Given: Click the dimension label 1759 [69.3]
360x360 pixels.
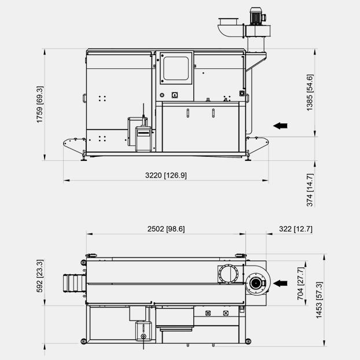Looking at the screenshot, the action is coord(40,104).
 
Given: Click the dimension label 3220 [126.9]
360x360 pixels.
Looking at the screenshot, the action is coord(166,175).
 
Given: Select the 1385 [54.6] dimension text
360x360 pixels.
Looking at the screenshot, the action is coord(310,93).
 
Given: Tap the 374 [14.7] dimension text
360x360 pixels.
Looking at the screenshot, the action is coord(310,190).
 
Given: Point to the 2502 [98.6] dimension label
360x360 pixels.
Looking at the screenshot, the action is coord(166,229).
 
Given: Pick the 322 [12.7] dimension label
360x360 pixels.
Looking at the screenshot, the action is coord(296,229).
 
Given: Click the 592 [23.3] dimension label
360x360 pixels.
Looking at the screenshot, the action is coord(40,275).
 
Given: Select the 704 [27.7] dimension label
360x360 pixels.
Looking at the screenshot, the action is coord(300,284).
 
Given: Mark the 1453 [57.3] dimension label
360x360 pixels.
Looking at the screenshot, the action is coord(319,300).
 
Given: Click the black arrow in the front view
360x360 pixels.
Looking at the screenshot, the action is coord(280,126).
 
